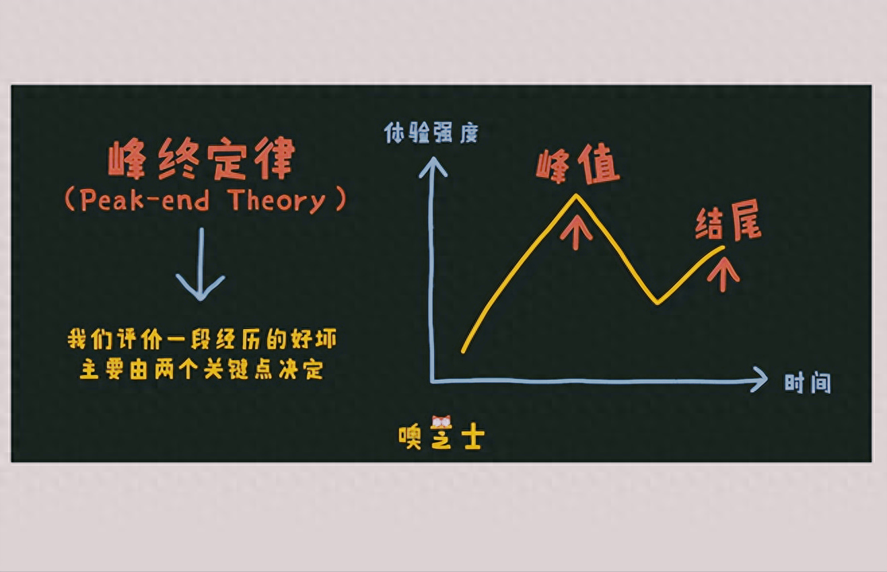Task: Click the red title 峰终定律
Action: pos(201,158)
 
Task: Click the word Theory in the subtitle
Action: pos(277,201)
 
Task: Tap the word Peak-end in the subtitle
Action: pos(145,199)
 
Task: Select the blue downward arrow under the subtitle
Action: pos(201,264)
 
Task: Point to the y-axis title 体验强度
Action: pos(431,133)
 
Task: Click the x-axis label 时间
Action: pos(808,383)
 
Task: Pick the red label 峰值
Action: pos(577,164)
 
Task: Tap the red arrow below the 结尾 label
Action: pos(723,275)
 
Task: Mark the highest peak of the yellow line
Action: pos(576,195)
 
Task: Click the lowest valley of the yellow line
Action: pos(658,302)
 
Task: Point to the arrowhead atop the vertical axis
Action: pos(433,166)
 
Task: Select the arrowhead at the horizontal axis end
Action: pos(760,380)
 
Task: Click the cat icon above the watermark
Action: pos(441,423)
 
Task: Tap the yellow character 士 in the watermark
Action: pos(473,437)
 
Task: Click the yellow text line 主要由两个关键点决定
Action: pos(201,369)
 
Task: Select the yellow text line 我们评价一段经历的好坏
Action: pos(202,338)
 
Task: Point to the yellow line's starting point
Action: pos(463,351)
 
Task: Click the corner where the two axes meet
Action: pos(433,381)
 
